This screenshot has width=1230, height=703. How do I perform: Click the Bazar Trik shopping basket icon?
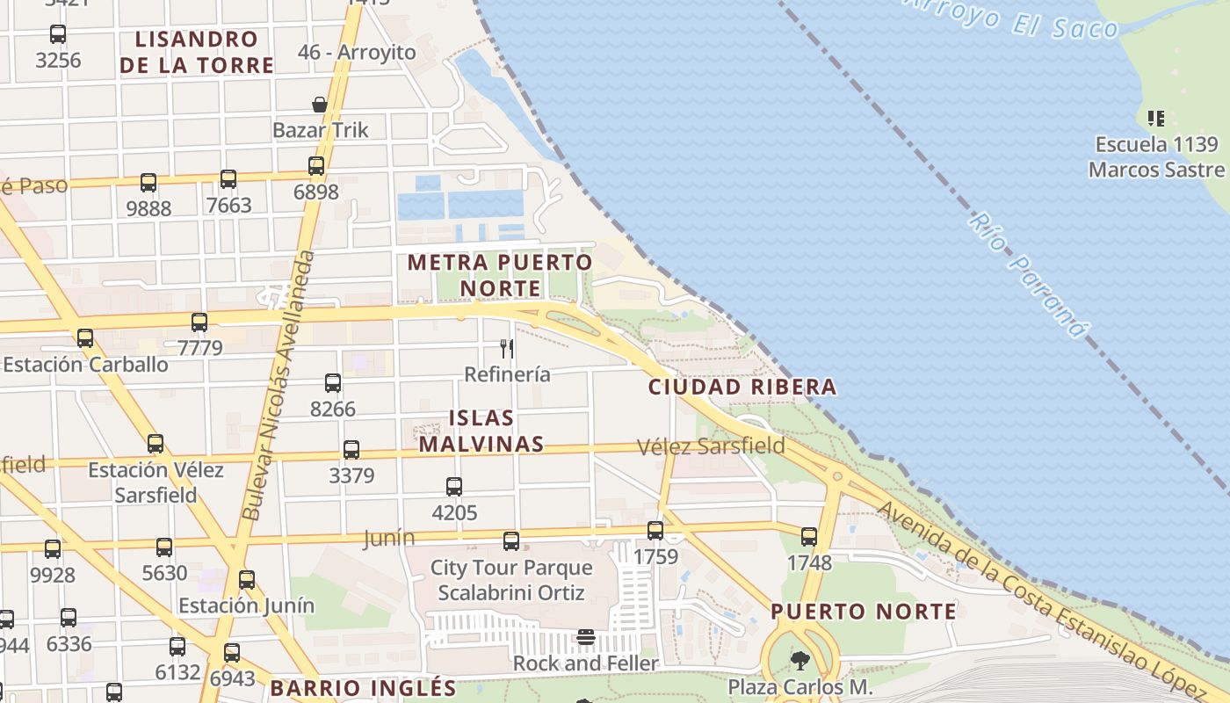pyautogui.click(x=320, y=105)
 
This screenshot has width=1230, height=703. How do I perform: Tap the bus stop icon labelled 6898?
pyautogui.click(x=316, y=165)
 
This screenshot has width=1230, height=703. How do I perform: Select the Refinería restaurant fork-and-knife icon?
pyautogui.click(x=507, y=348)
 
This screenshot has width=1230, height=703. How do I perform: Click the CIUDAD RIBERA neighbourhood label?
pyautogui.click(x=742, y=387)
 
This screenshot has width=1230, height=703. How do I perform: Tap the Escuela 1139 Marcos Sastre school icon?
pyautogui.click(x=1156, y=118)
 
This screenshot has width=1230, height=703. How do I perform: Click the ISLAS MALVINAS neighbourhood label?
pyautogui.click(x=481, y=431)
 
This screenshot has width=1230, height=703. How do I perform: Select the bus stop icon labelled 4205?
pyautogui.click(x=454, y=486)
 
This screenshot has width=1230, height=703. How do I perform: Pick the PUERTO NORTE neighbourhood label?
pyautogui.click(x=864, y=611)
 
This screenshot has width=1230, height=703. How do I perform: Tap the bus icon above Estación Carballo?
pyautogui.click(x=85, y=337)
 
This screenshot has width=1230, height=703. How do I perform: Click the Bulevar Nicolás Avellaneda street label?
pyautogui.click(x=277, y=387)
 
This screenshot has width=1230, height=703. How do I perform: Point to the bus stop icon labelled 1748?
pyautogui.click(x=809, y=536)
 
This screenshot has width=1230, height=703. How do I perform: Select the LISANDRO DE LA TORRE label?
pyautogui.click(x=197, y=52)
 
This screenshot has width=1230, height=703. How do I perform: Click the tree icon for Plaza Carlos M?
pyautogui.click(x=799, y=660)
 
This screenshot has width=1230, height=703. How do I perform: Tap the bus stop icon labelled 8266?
pyautogui.click(x=333, y=382)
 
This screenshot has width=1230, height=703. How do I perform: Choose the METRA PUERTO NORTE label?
pyautogui.click(x=500, y=274)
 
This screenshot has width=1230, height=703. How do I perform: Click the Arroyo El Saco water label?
pyautogui.click(x=1010, y=18)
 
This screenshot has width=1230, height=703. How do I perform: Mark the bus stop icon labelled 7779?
pyautogui.click(x=199, y=322)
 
